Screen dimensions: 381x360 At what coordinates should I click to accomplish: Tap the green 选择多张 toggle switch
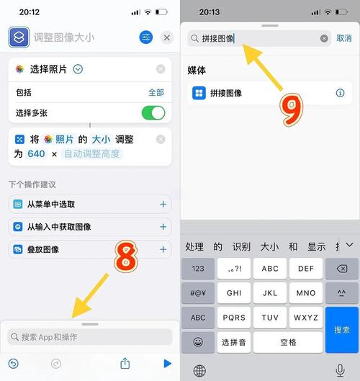point(153,113)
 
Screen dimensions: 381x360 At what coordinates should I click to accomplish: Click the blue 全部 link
point(156,93)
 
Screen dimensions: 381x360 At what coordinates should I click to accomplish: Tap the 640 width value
point(36,153)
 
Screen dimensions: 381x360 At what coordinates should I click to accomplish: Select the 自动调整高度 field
point(93,153)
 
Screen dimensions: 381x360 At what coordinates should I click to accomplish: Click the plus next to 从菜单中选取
point(163,205)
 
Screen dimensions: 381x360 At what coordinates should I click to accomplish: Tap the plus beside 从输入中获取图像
point(163,227)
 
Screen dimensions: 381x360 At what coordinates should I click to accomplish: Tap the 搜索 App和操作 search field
point(90,336)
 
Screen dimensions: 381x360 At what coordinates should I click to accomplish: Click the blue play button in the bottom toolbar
point(168,364)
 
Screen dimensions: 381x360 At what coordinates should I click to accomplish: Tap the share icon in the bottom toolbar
point(125,364)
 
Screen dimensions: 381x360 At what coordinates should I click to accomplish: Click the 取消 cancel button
point(344,38)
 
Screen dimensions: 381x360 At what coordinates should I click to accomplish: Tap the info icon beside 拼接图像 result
point(341,93)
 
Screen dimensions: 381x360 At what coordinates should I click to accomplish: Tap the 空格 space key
point(288,341)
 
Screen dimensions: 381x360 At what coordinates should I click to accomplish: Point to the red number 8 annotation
point(126,257)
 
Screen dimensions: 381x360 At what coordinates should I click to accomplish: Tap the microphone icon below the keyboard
point(340,369)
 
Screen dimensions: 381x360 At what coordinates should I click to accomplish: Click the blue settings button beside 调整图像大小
point(146,37)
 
